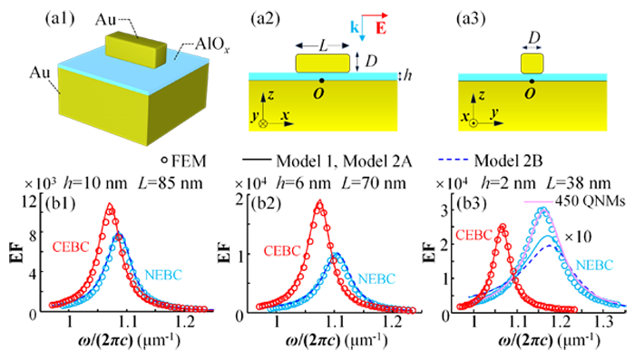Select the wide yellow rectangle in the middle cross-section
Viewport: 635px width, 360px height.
coord(323,63)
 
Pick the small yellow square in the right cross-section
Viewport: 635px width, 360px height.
coord(532,63)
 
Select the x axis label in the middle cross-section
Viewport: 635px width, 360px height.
coord(285,117)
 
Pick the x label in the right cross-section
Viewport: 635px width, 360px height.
coord(464,118)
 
